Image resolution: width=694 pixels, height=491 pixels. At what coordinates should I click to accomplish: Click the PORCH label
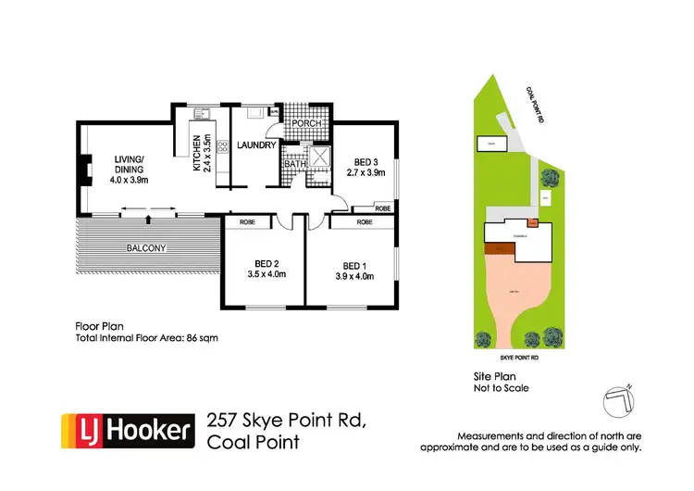tap(304, 124)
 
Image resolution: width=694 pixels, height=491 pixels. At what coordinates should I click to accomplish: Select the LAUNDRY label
tap(255, 145)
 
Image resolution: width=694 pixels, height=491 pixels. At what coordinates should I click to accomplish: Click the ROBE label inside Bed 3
tap(383, 208)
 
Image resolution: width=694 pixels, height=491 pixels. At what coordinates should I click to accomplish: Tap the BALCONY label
tap(146, 247)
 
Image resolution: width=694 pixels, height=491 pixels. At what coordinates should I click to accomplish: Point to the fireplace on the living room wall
tap(83, 170)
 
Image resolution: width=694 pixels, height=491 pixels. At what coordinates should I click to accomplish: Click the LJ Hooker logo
tap(129, 430)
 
